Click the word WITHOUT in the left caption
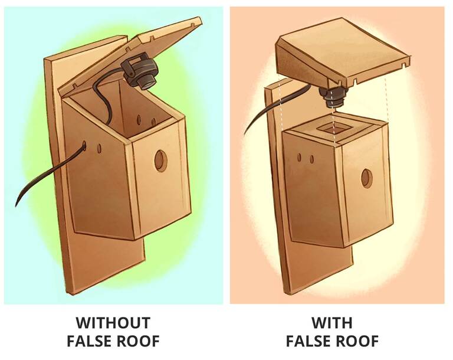(113, 323)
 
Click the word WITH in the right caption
(332, 323)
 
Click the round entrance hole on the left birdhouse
(160, 160)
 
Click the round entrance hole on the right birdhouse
(367, 177)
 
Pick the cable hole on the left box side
(84, 145)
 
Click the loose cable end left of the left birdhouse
(17, 203)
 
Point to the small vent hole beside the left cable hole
(99, 148)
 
